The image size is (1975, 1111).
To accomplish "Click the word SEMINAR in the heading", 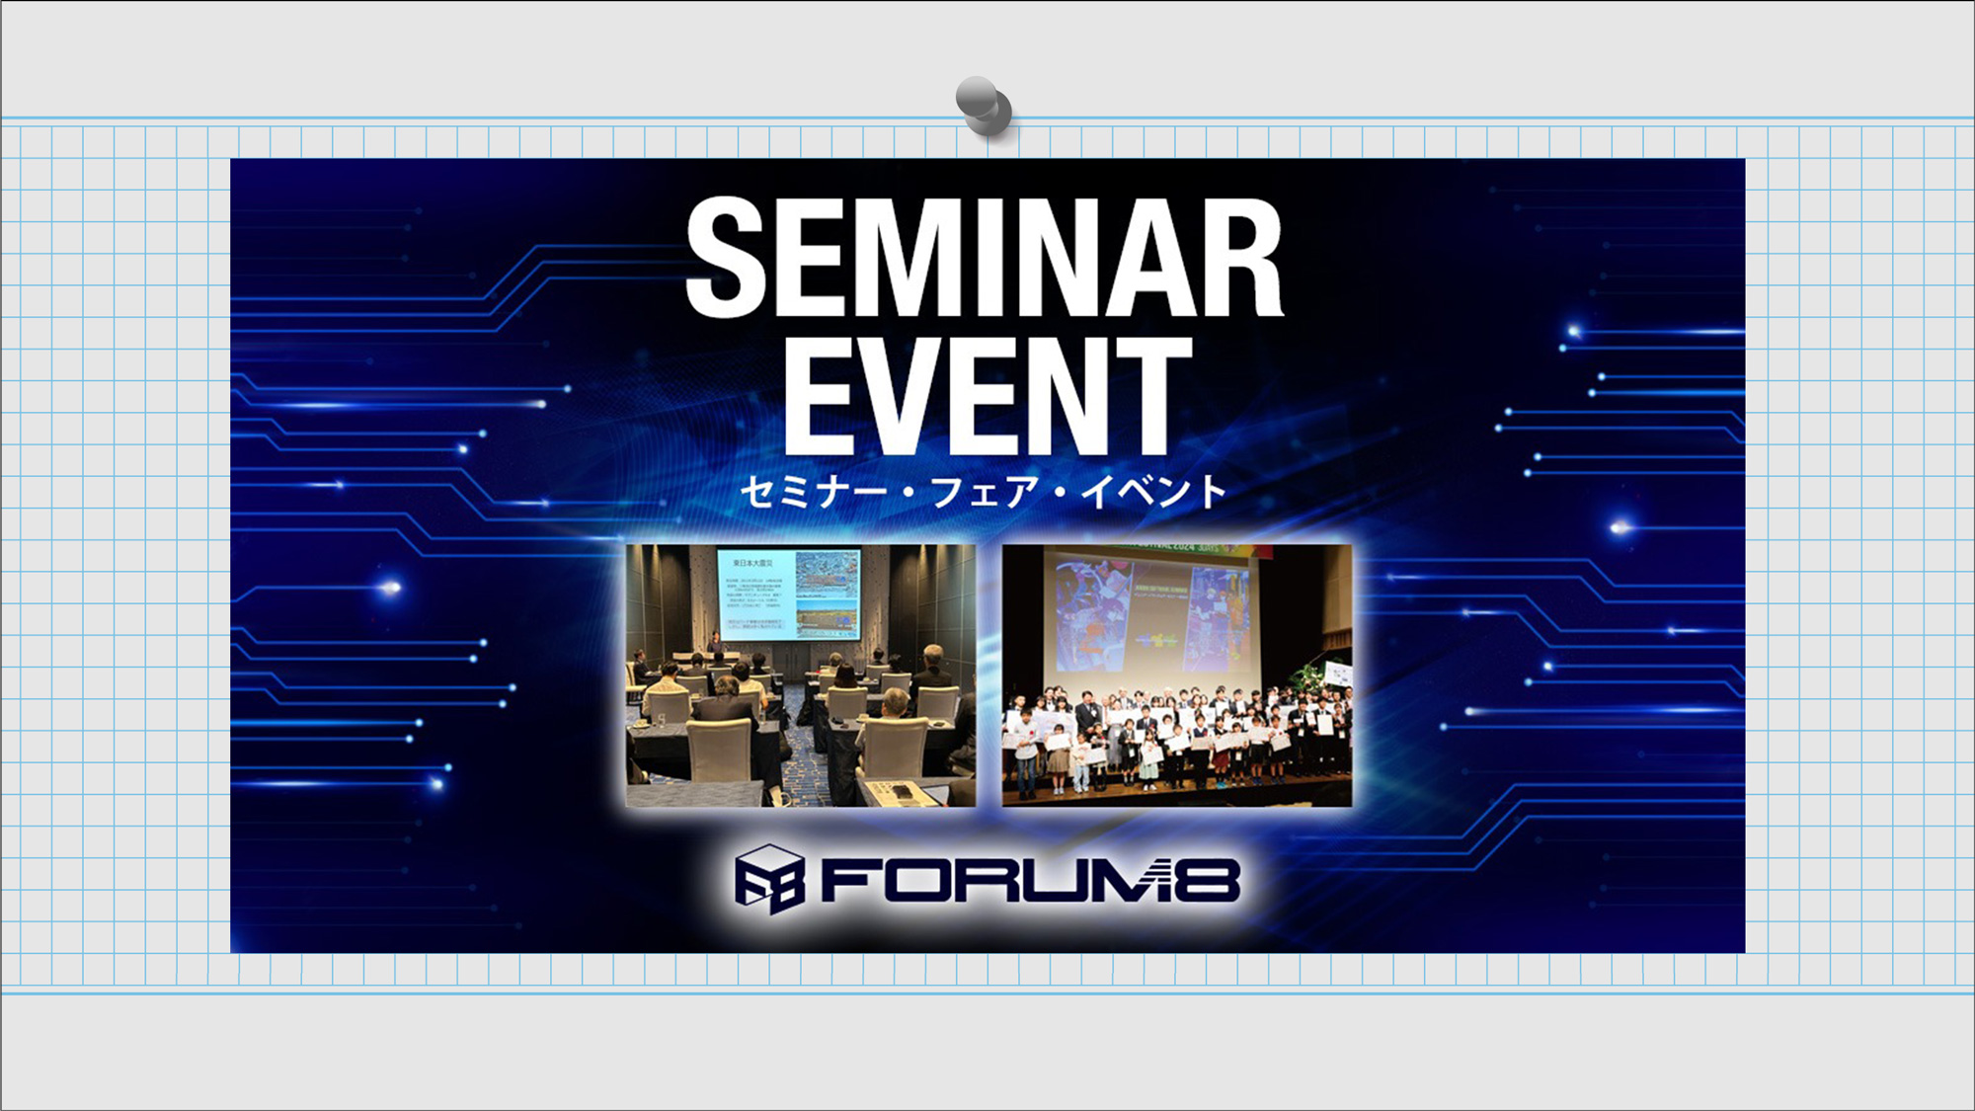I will coord(985,259).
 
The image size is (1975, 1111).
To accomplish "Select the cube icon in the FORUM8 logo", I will coord(769,878).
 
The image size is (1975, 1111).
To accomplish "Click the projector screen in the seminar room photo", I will coord(788,595).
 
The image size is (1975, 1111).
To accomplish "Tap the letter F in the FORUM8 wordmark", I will coord(847,880).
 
